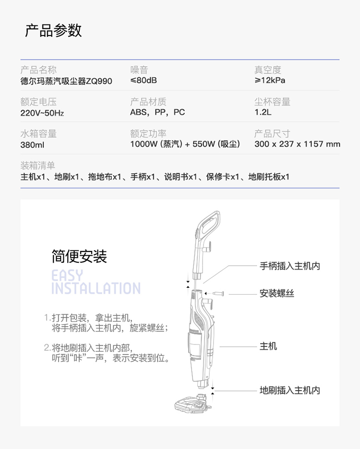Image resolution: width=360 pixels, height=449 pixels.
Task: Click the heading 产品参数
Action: [x=53, y=30]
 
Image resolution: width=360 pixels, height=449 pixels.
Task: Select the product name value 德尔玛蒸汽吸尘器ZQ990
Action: [x=66, y=81]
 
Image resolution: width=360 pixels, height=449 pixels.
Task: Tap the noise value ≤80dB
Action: [x=144, y=80]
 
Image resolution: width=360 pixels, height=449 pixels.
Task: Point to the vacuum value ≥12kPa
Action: [x=270, y=80]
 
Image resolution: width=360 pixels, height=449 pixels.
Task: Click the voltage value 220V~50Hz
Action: [x=42, y=113]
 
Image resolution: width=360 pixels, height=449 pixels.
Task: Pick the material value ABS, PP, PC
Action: [x=157, y=112]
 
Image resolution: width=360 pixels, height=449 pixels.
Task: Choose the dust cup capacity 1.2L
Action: [x=263, y=112]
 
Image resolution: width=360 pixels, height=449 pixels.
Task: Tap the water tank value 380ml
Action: [x=32, y=145]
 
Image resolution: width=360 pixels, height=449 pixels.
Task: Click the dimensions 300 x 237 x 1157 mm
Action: [x=297, y=144]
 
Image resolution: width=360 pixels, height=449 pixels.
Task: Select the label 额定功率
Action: [x=148, y=133]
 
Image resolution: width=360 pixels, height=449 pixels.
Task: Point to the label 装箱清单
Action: [x=37, y=165]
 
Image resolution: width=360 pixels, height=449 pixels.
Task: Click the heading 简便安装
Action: [x=79, y=256]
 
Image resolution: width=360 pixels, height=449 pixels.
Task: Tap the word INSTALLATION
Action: [x=96, y=288]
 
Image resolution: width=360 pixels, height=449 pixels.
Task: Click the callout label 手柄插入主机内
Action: [x=290, y=266]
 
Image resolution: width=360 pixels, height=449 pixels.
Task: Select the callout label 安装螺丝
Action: [x=277, y=293]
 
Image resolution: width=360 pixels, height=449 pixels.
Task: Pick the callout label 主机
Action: [x=268, y=346]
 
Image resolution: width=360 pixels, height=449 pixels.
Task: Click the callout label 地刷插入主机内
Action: [x=290, y=390]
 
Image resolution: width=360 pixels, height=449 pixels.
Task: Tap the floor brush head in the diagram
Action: [x=192, y=403]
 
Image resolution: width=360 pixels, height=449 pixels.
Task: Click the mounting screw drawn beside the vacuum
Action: [x=218, y=294]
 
